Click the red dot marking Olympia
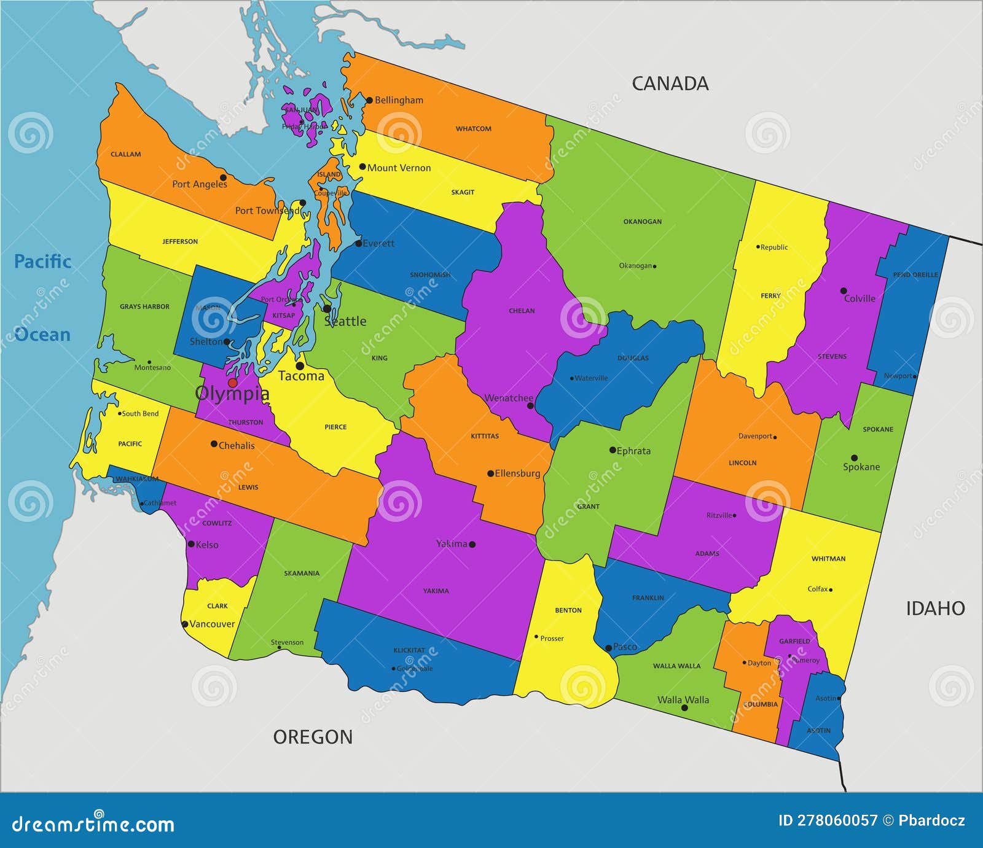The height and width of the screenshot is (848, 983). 232,383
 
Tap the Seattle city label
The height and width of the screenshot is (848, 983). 345,321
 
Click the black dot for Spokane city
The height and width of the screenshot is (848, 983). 854,458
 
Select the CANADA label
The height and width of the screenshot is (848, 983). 670,84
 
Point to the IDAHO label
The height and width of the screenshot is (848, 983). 935,609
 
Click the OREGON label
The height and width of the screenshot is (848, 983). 313,737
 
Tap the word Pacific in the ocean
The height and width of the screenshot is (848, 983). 42,262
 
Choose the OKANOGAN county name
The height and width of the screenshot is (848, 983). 643,222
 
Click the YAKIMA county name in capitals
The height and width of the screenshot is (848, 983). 436,591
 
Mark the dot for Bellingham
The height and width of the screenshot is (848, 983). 369,100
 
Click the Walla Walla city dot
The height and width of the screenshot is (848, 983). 684,708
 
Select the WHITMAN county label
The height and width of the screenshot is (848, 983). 828,559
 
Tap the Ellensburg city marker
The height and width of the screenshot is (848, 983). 490,473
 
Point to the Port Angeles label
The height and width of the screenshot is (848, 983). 199,184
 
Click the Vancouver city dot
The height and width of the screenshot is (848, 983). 185,624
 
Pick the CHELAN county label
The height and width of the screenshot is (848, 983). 522,311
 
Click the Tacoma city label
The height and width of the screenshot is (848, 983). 301,376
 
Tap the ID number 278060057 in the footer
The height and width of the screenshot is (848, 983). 828,820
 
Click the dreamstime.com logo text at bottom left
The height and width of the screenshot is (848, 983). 93,823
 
